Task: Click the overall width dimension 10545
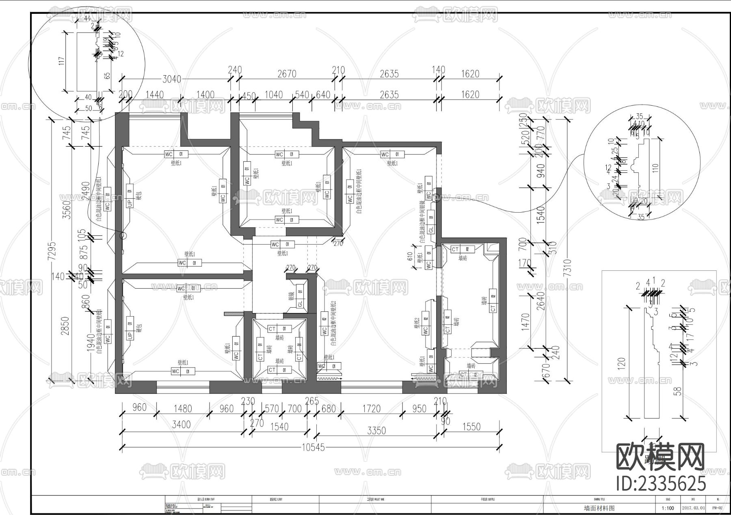(x=313, y=448)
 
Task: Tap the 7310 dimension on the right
(x=567, y=268)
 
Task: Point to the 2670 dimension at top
(x=287, y=74)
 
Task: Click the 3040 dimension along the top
(x=172, y=79)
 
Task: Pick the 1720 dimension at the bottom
(x=371, y=409)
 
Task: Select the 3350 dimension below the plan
(x=376, y=430)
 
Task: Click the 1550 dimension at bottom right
(x=471, y=427)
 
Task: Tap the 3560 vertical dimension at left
(x=67, y=210)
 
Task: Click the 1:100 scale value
(x=668, y=508)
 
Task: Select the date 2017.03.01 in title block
(x=694, y=508)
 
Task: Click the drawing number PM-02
(x=718, y=508)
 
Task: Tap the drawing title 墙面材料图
(x=599, y=508)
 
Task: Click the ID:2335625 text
(x=661, y=484)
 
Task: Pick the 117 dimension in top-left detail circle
(x=62, y=61)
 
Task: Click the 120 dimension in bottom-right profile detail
(x=621, y=362)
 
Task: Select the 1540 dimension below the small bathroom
(x=279, y=427)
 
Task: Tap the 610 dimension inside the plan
(x=410, y=256)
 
